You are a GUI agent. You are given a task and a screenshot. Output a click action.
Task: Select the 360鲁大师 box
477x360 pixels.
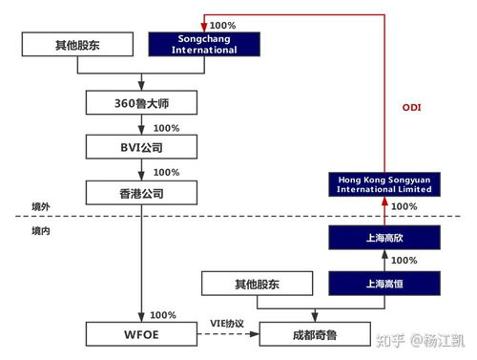coord(141,102)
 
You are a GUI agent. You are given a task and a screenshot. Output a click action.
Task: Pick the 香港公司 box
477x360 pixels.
coord(141,193)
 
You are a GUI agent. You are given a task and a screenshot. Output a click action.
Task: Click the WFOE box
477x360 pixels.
coord(141,333)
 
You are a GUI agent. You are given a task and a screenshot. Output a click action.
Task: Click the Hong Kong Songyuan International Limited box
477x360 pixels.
coord(384,183)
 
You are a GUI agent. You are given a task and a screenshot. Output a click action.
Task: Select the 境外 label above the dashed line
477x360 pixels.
coord(40,207)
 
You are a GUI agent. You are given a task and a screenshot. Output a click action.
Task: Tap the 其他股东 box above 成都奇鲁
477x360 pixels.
coord(257,283)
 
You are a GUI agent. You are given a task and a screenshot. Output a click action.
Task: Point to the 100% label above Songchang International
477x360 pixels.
coord(222,25)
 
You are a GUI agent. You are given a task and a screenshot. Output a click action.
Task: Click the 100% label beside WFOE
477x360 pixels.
coord(163,315)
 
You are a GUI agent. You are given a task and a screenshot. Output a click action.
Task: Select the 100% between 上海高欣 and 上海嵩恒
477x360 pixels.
coord(404,260)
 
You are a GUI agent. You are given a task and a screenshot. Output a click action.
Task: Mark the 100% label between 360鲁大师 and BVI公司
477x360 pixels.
coord(166,128)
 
